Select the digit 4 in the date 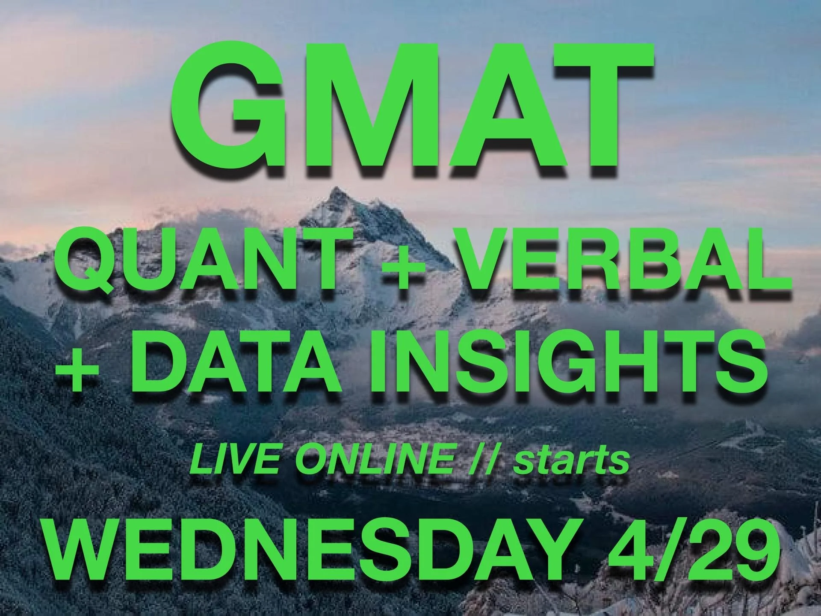click(629, 556)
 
